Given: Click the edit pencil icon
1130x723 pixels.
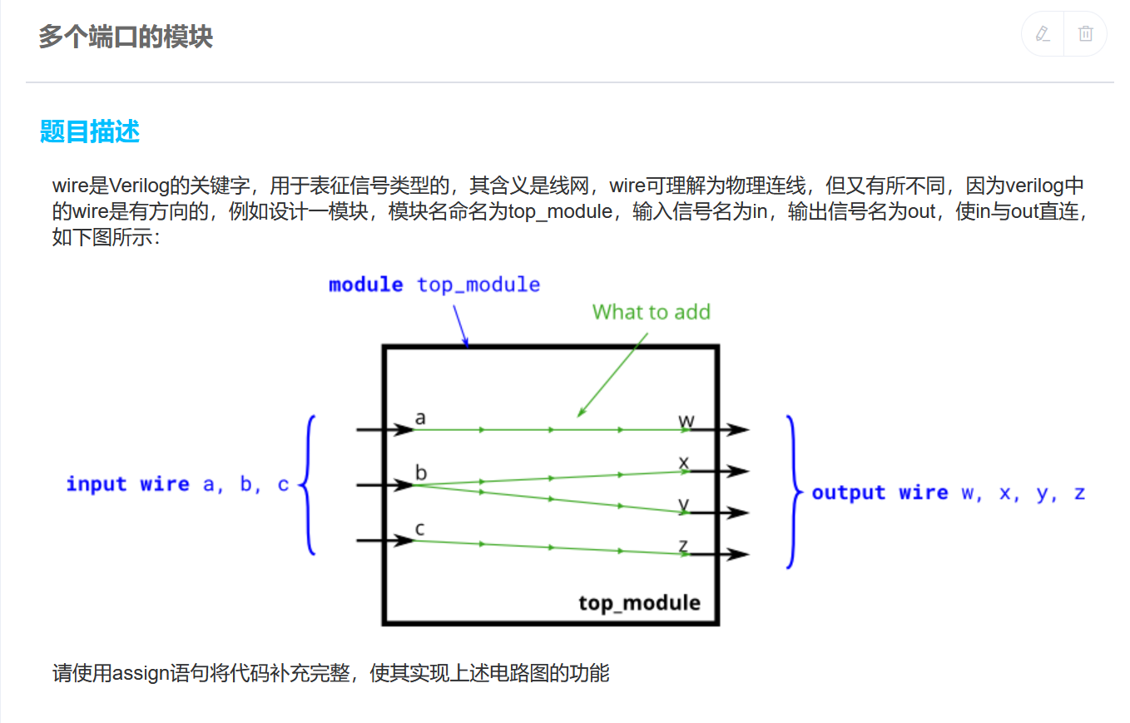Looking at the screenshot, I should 1043,34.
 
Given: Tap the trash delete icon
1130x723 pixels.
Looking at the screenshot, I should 1085,34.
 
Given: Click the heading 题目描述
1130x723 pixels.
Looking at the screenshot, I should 89,131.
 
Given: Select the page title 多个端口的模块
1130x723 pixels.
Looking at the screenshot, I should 126,37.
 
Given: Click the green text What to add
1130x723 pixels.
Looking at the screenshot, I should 651,312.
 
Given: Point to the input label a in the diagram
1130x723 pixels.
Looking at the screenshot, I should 420,418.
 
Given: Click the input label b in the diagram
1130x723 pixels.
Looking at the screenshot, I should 421,473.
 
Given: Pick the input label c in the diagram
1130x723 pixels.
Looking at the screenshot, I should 420,528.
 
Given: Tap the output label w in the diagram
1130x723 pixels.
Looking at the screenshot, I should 686,420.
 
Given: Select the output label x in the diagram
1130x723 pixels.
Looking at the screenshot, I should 684,462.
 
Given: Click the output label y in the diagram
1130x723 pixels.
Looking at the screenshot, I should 684,504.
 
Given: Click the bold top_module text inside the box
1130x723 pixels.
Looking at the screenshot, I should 639,602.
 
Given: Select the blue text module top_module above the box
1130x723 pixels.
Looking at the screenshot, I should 434,285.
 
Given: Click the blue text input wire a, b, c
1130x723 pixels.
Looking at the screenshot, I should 177,484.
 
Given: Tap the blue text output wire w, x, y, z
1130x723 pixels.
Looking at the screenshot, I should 948,493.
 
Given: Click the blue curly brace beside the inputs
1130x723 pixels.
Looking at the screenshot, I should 308,484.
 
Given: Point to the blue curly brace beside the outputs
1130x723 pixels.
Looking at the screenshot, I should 791,492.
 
